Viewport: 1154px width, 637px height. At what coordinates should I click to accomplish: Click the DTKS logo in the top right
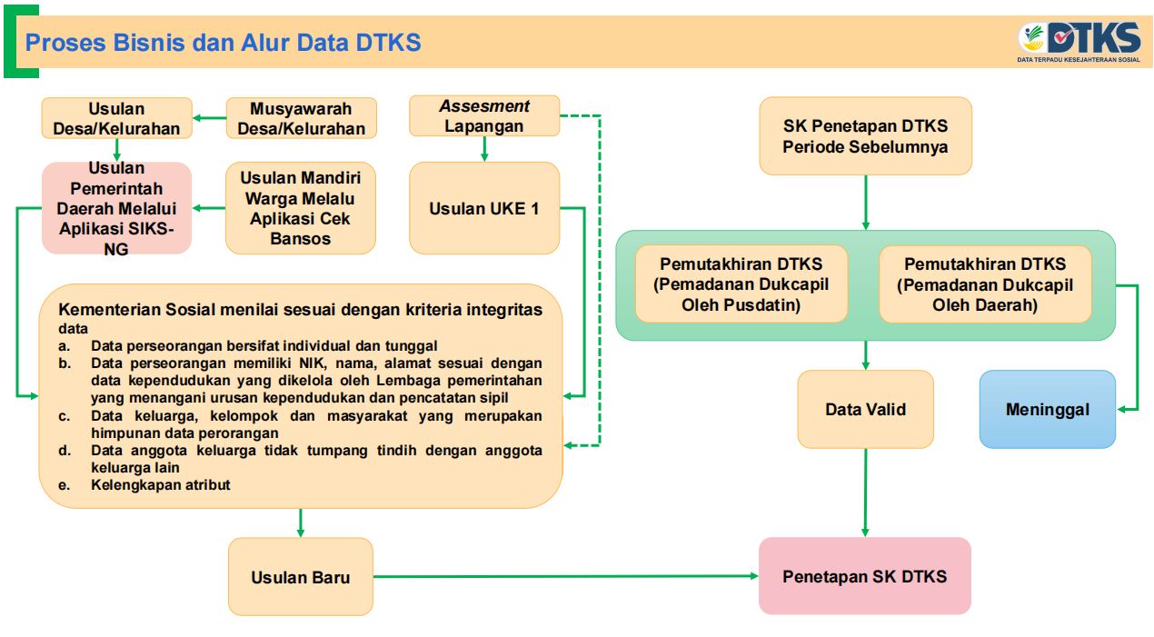pyautogui.click(x=1079, y=40)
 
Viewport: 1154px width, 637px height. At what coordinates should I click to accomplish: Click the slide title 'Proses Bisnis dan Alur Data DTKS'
pyautogui.click(x=224, y=42)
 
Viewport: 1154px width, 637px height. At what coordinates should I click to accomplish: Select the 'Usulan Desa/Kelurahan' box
pyautogui.click(x=116, y=118)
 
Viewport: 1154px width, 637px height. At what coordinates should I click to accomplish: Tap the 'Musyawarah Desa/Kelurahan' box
pyautogui.click(x=301, y=118)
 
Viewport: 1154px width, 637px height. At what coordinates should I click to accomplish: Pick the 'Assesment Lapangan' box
pyautogui.click(x=484, y=116)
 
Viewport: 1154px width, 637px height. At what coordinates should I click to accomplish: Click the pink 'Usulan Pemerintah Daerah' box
pyautogui.click(x=116, y=208)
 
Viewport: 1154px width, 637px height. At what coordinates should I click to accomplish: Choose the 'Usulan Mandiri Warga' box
pyautogui.click(x=301, y=208)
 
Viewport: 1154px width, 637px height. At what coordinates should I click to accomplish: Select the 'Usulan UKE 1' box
pyautogui.click(x=484, y=208)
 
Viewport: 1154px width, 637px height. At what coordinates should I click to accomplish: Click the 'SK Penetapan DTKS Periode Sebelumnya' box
pyautogui.click(x=865, y=136)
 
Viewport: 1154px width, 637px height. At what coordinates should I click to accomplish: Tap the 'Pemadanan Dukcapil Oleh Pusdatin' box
pyautogui.click(x=741, y=284)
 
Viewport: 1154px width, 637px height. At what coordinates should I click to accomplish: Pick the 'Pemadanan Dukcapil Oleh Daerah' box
pyautogui.click(x=985, y=284)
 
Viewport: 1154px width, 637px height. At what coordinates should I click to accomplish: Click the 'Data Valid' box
pyautogui.click(x=865, y=409)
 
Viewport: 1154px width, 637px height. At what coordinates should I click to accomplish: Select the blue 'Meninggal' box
pyautogui.click(x=1047, y=409)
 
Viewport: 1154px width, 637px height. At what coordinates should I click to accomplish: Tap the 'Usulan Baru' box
pyautogui.click(x=301, y=577)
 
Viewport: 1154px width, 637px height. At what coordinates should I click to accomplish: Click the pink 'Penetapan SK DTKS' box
pyautogui.click(x=865, y=576)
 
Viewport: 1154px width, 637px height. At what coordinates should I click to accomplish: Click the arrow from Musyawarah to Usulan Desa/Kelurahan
pyautogui.click(x=210, y=118)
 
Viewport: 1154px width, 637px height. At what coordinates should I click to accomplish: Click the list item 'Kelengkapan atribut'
pyautogui.click(x=161, y=485)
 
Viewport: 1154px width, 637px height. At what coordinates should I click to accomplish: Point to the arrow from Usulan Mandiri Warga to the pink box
pyautogui.click(x=209, y=208)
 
